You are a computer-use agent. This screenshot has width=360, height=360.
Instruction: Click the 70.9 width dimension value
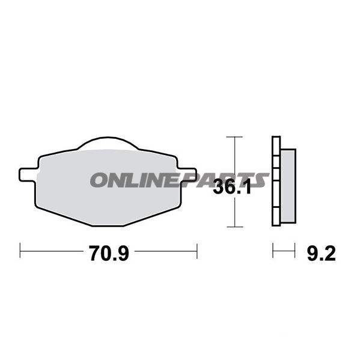point(109,253)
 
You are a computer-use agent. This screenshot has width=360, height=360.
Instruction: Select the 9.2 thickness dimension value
point(322,253)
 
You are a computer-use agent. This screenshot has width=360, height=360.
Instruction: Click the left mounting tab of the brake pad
point(28,175)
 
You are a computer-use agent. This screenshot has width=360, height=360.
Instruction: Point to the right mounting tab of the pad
point(188,174)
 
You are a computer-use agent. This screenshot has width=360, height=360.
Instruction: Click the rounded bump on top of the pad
point(108,142)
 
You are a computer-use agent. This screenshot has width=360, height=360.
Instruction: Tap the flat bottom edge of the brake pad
point(108,226)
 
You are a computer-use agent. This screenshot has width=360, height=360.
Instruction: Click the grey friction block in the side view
point(288,186)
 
